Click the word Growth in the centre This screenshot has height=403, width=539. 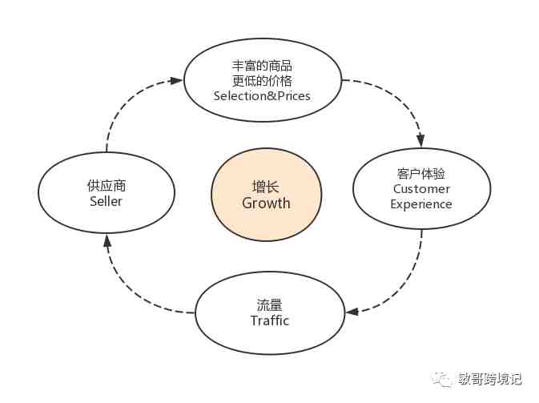[266, 204]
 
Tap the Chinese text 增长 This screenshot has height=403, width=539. [266, 186]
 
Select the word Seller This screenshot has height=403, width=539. [107, 201]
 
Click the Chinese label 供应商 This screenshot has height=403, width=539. [107, 185]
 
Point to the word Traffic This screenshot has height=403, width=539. [270, 320]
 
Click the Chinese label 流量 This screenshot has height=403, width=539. [270, 305]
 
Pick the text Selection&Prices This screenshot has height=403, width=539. [262, 95]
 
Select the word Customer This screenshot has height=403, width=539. [421, 189]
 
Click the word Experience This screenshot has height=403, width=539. [421, 204]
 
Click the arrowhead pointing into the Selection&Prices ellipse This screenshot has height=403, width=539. [178, 80]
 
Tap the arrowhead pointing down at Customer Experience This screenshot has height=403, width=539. [420, 141]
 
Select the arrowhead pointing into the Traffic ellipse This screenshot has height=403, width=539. [352, 311]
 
